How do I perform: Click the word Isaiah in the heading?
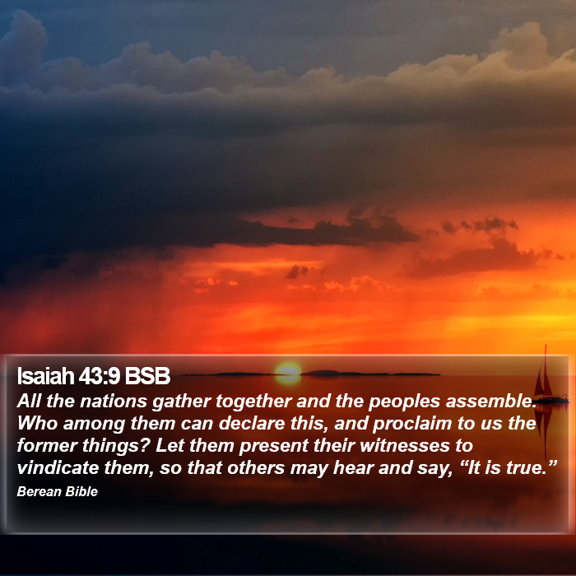(x=45, y=376)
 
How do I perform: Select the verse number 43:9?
(x=100, y=376)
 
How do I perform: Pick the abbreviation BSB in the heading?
(x=147, y=376)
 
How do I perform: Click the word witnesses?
(x=405, y=446)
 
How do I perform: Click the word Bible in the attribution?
(x=81, y=491)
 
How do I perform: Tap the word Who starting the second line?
(x=37, y=424)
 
